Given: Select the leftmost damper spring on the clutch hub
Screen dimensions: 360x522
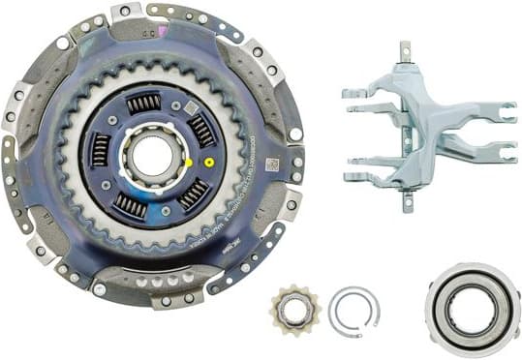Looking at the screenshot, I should (100, 150).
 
